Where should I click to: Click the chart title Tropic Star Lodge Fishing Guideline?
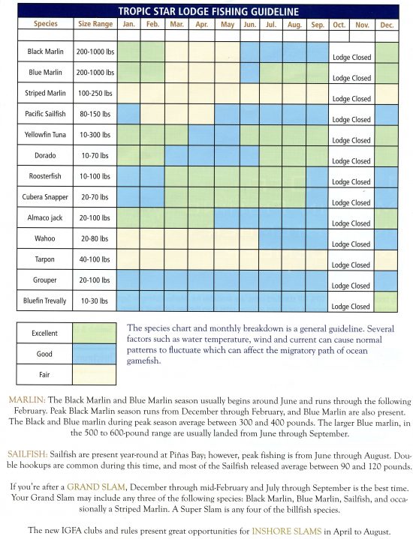(209, 12)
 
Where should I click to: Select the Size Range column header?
(95, 24)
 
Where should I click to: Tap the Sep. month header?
(317, 25)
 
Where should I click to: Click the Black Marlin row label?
(46, 52)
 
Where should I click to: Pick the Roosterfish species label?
(45, 176)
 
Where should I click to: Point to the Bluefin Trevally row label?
(45, 301)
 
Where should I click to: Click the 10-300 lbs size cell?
(95, 135)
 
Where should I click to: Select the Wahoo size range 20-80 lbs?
(95, 238)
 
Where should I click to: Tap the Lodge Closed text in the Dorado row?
(351, 161)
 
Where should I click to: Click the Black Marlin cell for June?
(249, 52)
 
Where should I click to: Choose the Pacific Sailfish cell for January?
(128, 114)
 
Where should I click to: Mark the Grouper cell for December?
(386, 280)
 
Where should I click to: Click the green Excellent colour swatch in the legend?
(95, 333)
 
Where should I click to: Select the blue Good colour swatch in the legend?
(95, 354)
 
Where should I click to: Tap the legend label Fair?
(44, 375)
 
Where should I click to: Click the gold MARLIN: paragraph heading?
(27, 400)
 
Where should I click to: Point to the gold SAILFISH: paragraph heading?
(28, 454)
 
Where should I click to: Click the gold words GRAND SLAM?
(96, 487)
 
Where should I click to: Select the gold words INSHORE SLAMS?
(287, 531)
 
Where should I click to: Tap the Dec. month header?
(387, 25)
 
